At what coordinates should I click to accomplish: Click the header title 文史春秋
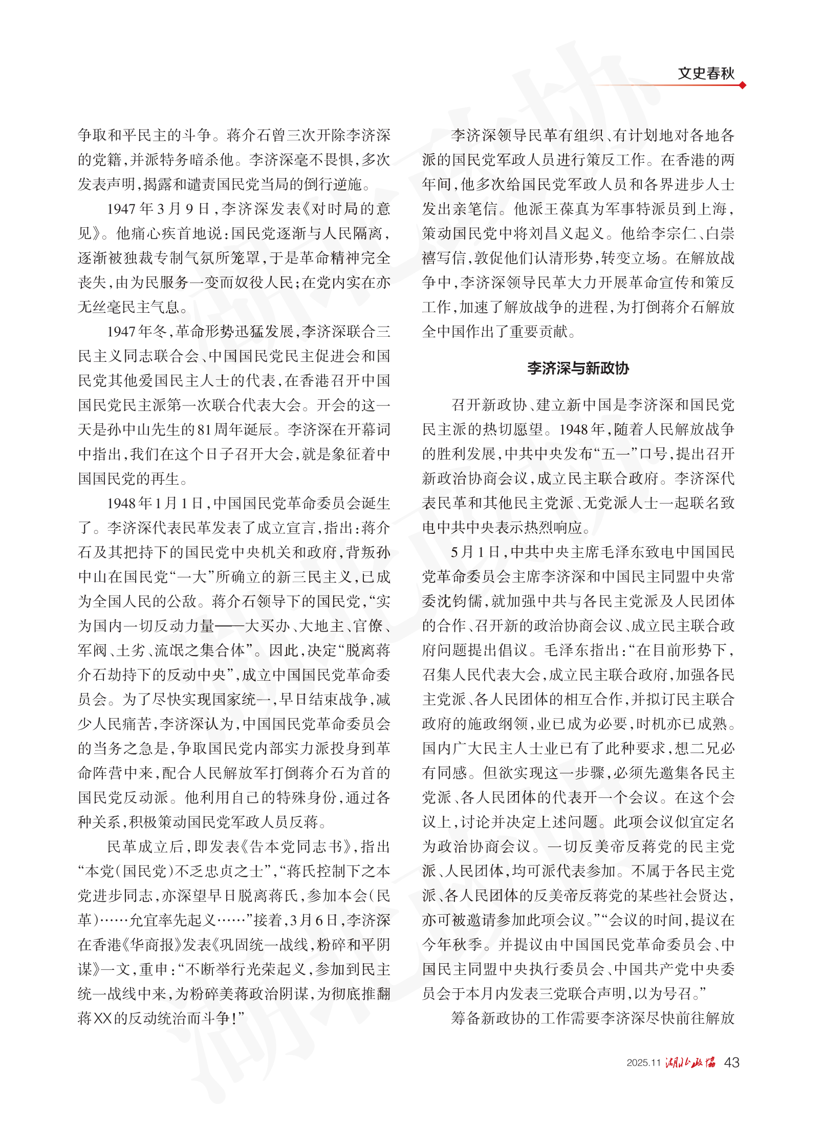coord(706,74)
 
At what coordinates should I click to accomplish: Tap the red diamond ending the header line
coord(743,85)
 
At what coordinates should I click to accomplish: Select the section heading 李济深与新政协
coord(578,368)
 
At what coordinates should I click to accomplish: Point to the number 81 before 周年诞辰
coord(204,430)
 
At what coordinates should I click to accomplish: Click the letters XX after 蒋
coord(102,1019)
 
